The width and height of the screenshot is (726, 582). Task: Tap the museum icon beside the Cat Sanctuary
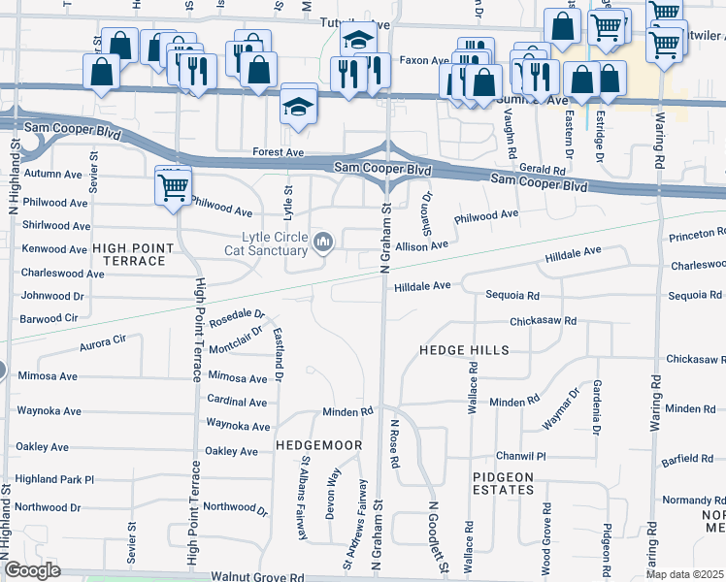(x=323, y=241)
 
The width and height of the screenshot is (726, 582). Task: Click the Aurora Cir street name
(x=105, y=340)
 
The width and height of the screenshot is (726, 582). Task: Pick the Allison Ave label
(x=420, y=246)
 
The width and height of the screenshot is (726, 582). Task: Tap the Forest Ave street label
(x=278, y=152)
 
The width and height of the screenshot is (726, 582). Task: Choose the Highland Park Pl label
(x=54, y=479)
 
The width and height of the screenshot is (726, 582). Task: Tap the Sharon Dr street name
(x=426, y=205)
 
